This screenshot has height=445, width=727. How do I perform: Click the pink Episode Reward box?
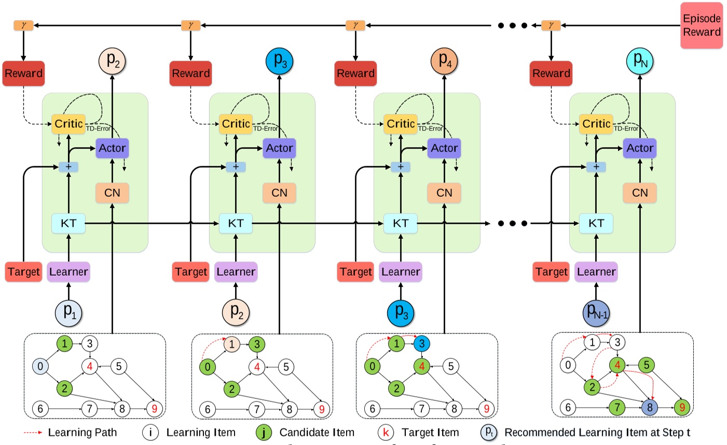(702, 25)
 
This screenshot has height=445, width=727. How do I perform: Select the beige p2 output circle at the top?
(113, 60)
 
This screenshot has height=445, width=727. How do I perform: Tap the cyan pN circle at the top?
(640, 61)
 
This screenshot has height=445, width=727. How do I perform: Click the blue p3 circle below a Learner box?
(401, 312)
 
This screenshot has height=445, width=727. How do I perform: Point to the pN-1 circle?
(596, 312)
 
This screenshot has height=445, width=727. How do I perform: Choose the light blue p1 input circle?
(68, 312)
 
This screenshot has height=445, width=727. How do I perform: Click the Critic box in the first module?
(68, 124)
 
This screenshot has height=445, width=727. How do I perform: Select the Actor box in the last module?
(639, 148)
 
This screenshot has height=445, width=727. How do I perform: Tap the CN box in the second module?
(279, 193)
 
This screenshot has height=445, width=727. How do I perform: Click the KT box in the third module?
(400, 223)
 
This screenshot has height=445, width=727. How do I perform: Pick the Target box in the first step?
(23, 272)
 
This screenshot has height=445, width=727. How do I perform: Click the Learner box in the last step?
(596, 272)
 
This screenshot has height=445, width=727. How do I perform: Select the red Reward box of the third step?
(355, 73)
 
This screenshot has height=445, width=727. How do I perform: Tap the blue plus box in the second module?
(236, 167)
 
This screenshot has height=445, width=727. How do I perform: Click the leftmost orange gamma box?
(23, 25)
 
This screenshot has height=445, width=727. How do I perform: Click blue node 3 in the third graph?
(422, 343)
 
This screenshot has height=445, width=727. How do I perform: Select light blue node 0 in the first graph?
(40, 366)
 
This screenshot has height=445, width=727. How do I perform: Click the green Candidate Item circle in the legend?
(264, 433)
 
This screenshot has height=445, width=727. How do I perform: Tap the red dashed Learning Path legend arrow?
(33, 433)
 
